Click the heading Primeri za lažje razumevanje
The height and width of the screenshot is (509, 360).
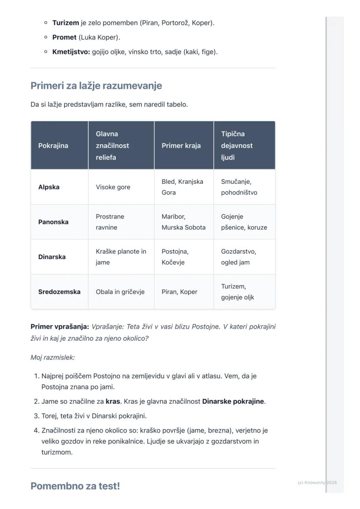96,86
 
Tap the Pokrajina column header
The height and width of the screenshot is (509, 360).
53,146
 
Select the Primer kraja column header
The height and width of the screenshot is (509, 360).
181,146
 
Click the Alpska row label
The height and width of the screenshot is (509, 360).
49,187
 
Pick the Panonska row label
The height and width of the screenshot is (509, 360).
53,222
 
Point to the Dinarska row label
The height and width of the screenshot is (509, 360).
52,257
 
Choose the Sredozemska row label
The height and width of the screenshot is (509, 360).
59,292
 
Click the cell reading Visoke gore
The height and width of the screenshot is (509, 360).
113,187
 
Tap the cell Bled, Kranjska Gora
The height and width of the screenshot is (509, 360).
182,187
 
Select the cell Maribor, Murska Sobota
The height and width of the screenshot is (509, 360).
183,222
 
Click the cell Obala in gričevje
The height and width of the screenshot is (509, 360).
120,292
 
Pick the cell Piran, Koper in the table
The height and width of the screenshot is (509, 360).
179,292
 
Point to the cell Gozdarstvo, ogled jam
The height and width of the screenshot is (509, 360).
238,257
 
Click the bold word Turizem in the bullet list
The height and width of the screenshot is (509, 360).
66,23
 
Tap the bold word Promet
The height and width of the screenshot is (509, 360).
64,37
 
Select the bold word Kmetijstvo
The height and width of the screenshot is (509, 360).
71,52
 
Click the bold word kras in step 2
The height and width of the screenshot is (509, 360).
113,401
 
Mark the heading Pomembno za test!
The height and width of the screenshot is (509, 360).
75,486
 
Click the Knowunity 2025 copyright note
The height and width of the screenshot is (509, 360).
317,482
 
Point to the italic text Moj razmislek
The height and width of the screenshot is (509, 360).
53,357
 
